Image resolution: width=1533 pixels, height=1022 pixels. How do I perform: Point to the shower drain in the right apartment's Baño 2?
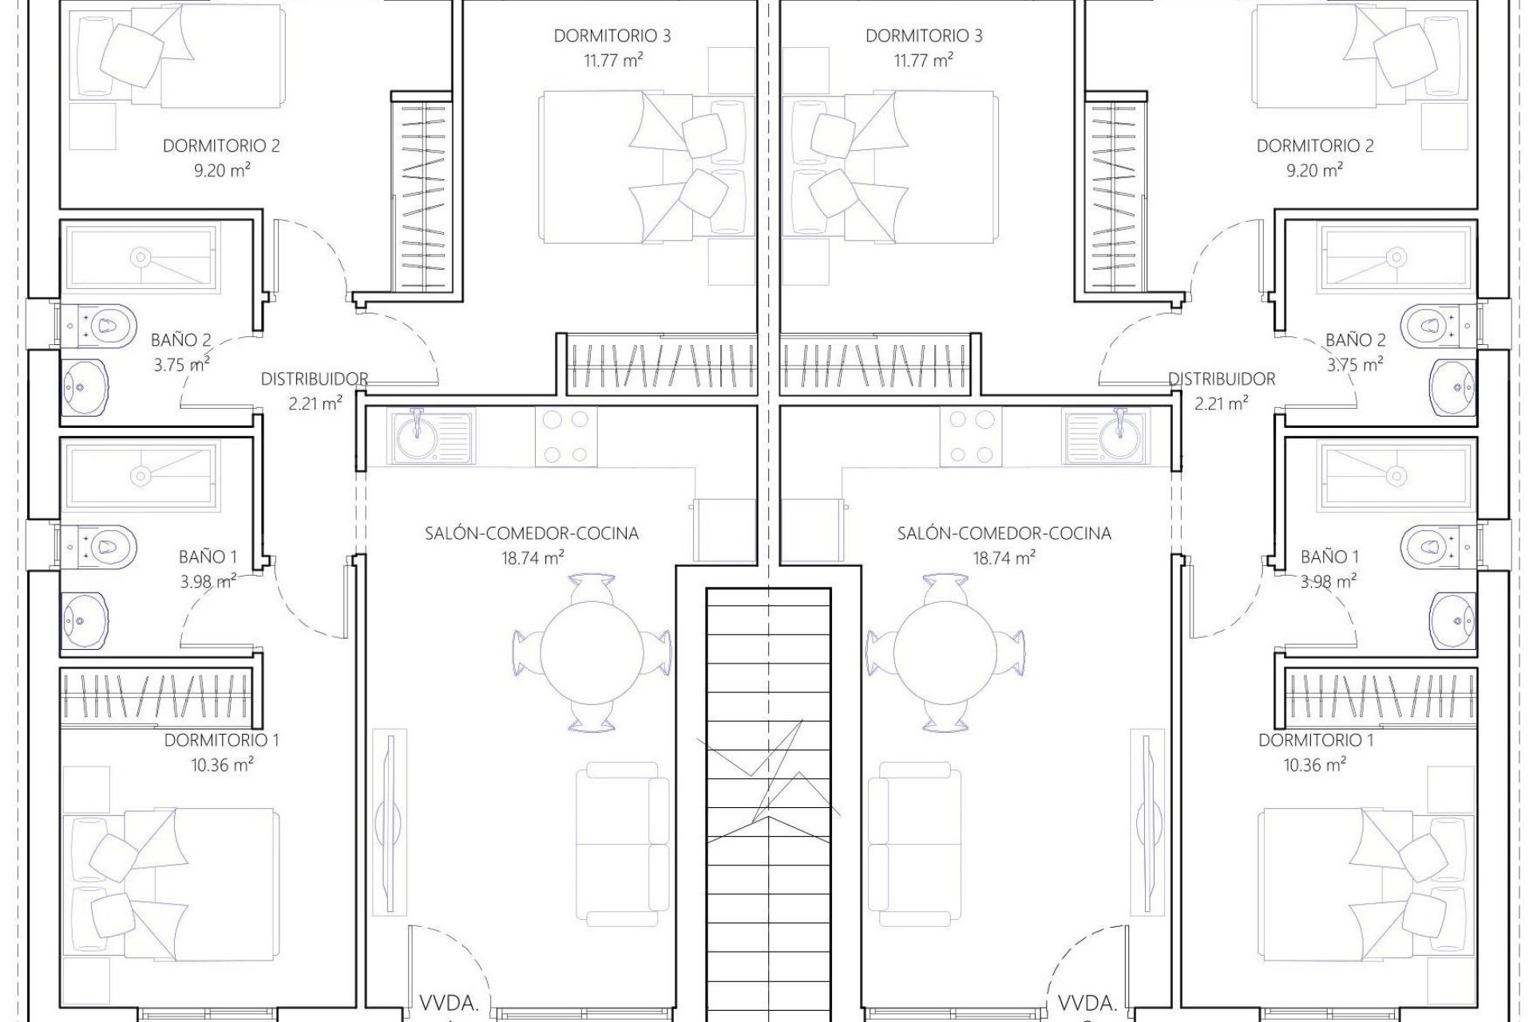[x=1396, y=257]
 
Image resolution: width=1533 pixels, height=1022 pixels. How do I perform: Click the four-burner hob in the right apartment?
[x=970, y=437]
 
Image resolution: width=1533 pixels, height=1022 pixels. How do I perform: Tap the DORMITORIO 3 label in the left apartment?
[x=612, y=36]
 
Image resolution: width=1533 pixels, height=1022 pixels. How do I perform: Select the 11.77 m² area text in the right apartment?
[x=924, y=60]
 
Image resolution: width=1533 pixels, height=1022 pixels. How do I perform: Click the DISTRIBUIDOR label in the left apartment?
[x=315, y=378]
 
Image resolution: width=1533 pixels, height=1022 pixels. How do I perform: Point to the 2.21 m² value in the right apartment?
[x=1222, y=403]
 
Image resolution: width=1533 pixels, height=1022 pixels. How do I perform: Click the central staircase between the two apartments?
[x=768, y=798]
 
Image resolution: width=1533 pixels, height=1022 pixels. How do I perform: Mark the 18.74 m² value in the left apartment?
[x=533, y=558]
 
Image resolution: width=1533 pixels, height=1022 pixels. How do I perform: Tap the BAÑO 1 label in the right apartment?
[x=1329, y=557]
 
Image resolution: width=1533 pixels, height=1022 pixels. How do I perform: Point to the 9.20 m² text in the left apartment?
[x=222, y=170]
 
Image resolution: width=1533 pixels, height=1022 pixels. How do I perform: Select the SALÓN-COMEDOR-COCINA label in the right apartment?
[x=1004, y=533]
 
